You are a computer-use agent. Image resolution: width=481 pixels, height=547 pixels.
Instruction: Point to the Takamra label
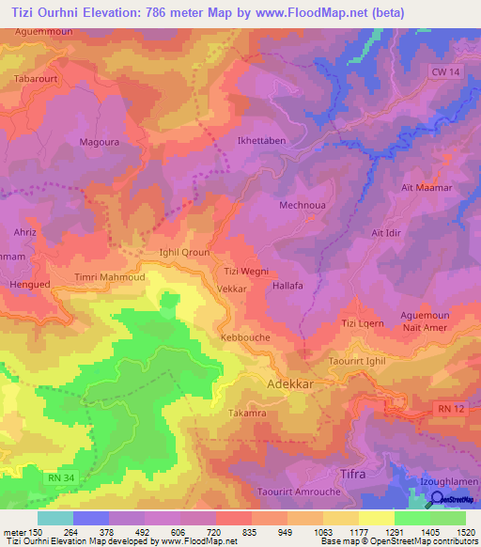coord(249,413)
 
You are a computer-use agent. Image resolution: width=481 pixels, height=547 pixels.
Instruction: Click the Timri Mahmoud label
coord(110,278)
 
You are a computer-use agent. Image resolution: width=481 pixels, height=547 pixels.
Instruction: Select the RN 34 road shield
coord(58,478)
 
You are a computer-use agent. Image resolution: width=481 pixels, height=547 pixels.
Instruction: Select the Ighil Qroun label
coord(183,253)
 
